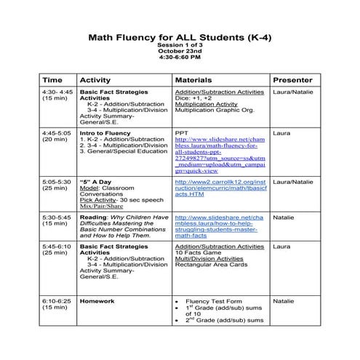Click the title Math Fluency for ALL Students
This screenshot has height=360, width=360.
(x=180, y=35)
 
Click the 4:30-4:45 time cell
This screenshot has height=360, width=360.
(x=57, y=92)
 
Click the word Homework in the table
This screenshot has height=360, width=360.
(x=97, y=300)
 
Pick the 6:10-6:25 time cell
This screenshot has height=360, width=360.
(x=57, y=300)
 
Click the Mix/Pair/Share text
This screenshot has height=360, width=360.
(x=101, y=207)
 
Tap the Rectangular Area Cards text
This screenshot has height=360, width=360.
(x=210, y=266)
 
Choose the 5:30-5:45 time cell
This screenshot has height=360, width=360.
(x=57, y=217)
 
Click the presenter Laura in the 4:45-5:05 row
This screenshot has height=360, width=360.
(x=281, y=133)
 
